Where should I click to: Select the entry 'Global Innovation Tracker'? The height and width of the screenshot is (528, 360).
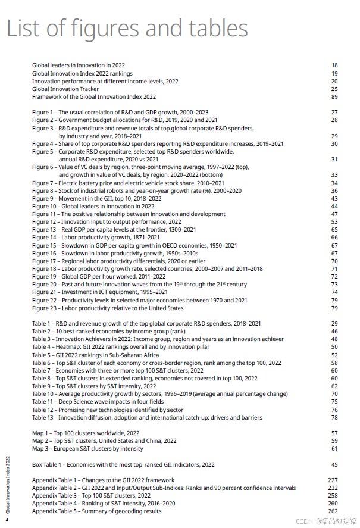click(x=65, y=89)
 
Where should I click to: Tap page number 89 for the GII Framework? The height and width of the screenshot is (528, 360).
click(x=334, y=97)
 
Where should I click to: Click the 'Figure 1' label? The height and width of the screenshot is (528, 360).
click(x=44, y=113)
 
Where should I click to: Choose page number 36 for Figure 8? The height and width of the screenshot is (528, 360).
click(x=334, y=191)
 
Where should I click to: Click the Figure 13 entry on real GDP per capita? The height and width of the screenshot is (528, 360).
click(x=114, y=230)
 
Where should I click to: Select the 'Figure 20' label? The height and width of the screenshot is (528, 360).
click(x=45, y=285)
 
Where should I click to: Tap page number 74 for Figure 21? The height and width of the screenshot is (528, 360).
click(x=334, y=292)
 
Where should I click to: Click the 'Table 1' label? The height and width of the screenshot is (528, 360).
click(x=43, y=324)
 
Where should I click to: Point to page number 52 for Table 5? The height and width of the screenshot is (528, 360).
click(x=334, y=355)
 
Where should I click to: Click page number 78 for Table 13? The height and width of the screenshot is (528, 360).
click(x=334, y=418)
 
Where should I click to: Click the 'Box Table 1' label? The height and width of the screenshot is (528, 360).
click(x=48, y=464)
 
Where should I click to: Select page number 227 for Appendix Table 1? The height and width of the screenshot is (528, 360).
click(x=333, y=480)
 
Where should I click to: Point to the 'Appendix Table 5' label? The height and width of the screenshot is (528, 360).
click(x=54, y=511)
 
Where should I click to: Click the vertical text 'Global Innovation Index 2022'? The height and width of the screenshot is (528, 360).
click(x=8, y=483)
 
